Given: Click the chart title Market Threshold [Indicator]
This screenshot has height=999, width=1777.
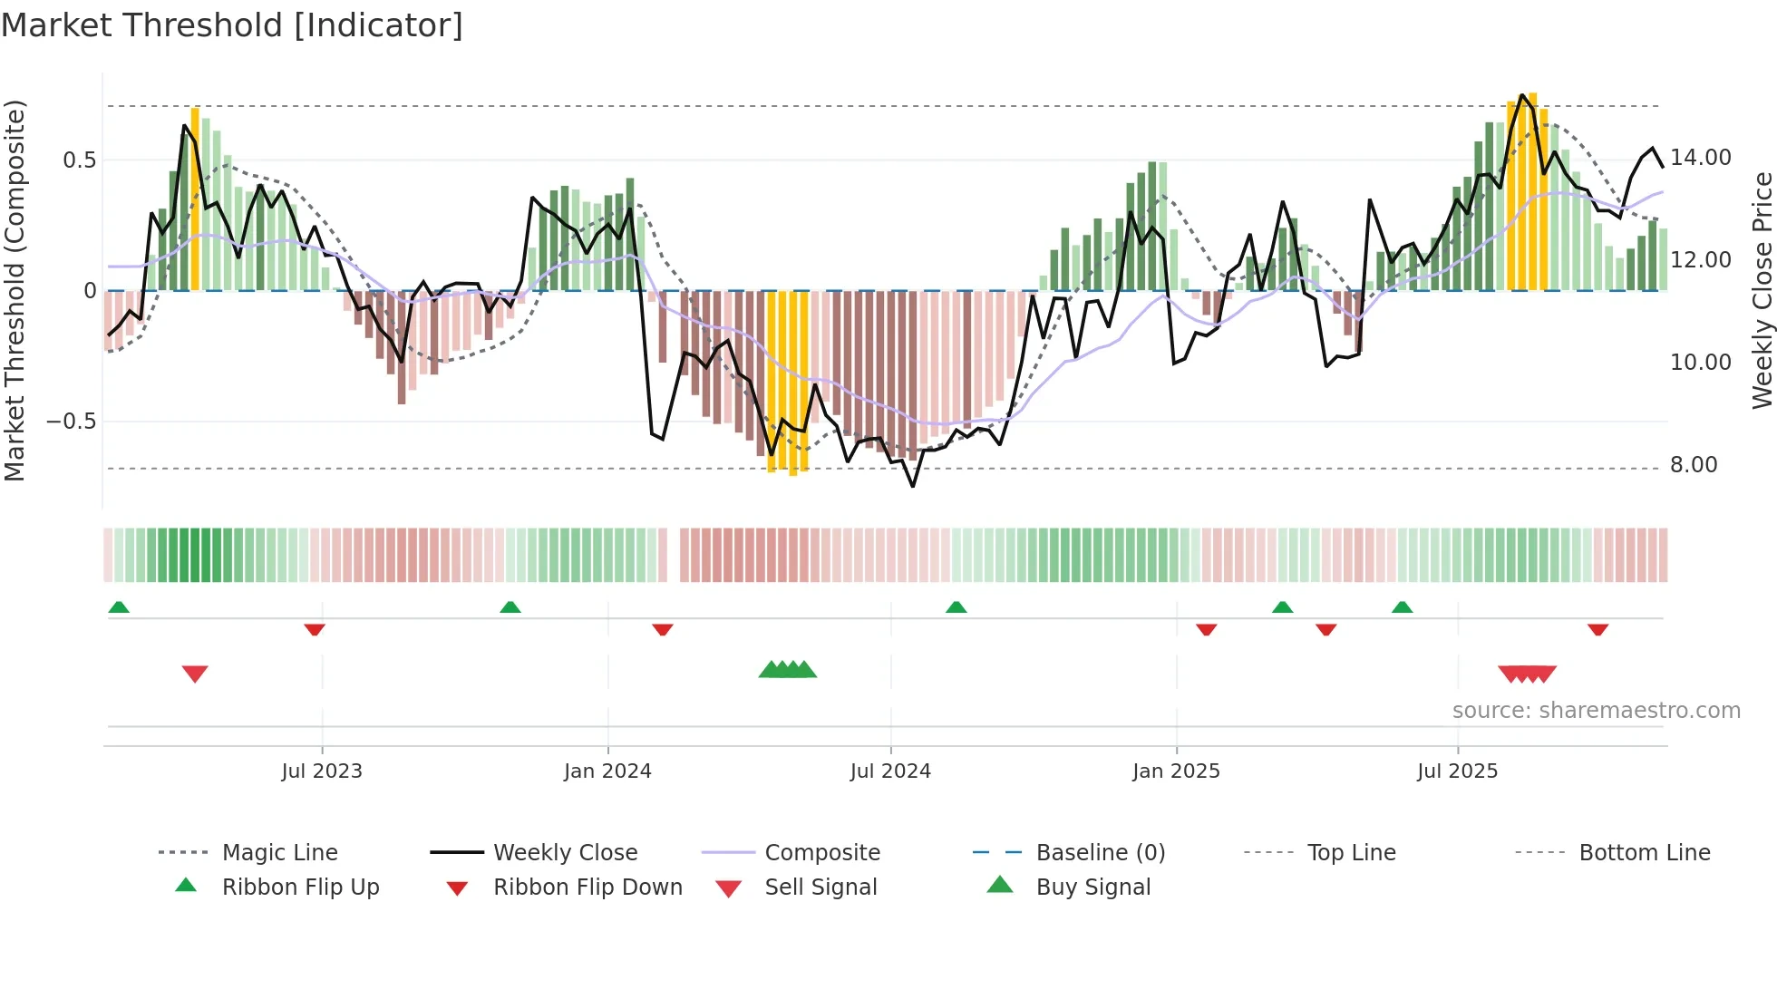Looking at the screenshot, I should (232, 25).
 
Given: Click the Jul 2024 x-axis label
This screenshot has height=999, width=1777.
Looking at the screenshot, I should (890, 771).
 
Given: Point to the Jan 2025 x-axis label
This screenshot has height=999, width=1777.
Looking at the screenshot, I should (1176, 771).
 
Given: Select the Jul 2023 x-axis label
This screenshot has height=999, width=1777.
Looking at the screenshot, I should (322, 771).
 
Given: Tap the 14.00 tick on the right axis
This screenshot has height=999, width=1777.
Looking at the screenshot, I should (1701, 158).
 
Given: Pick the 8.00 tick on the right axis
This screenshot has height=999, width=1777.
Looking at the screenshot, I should (1694, 465).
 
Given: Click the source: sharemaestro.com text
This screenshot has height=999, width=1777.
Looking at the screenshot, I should (1596, 711).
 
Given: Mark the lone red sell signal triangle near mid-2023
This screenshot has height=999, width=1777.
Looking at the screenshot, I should (195, 674).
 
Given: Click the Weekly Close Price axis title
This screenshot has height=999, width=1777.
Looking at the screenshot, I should (1762, 290).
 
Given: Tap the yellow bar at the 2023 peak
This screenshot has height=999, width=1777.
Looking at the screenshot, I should (195, 199).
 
